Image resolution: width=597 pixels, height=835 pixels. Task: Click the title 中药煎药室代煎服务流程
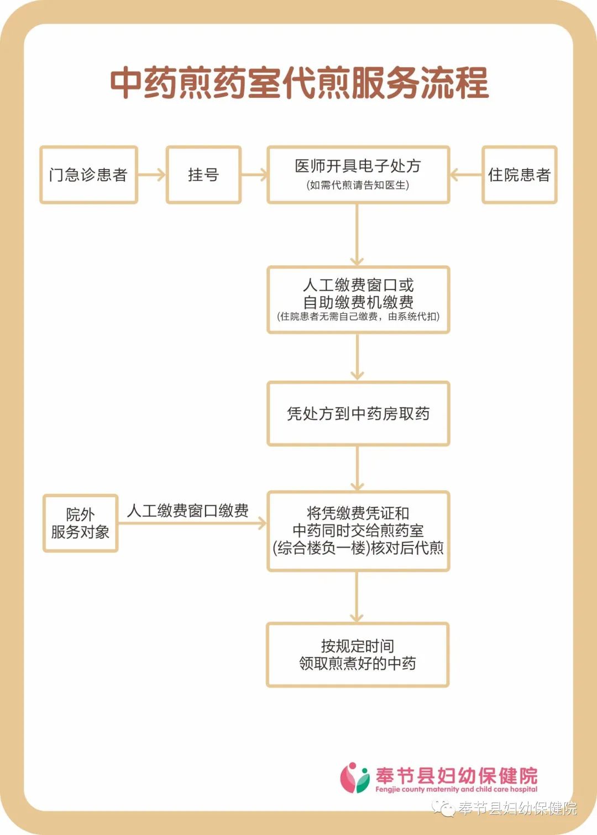pos(299,83)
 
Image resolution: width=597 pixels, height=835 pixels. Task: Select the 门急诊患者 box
pos(89,175)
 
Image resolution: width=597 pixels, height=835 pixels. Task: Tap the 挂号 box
pos(203,175)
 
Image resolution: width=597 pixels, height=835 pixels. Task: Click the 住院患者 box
pos(520,175)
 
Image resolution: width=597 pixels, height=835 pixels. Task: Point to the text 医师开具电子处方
pos(358,166)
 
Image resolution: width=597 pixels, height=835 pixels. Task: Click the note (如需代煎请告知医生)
pos(358,185)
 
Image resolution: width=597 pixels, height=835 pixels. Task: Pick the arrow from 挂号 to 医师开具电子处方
pos(254,175)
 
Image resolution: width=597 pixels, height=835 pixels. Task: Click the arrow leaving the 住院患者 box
pos(466,175)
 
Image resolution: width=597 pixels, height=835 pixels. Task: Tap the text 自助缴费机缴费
pos(358,302)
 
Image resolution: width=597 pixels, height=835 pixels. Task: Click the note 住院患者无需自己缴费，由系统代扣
pos(358,317)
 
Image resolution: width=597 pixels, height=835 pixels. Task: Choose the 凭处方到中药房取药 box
pos(358,413)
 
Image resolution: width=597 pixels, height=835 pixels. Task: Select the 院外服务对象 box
pos(81,523)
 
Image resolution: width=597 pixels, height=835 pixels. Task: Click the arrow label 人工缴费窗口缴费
pos(187,511)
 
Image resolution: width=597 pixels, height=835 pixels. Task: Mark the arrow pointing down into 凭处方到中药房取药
pos(357,357)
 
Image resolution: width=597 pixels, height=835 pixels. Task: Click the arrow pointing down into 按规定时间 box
pos(357,597)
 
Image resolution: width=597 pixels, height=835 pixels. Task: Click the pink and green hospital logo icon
pos(354,777)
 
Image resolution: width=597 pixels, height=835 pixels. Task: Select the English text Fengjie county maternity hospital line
pos(457,789)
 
